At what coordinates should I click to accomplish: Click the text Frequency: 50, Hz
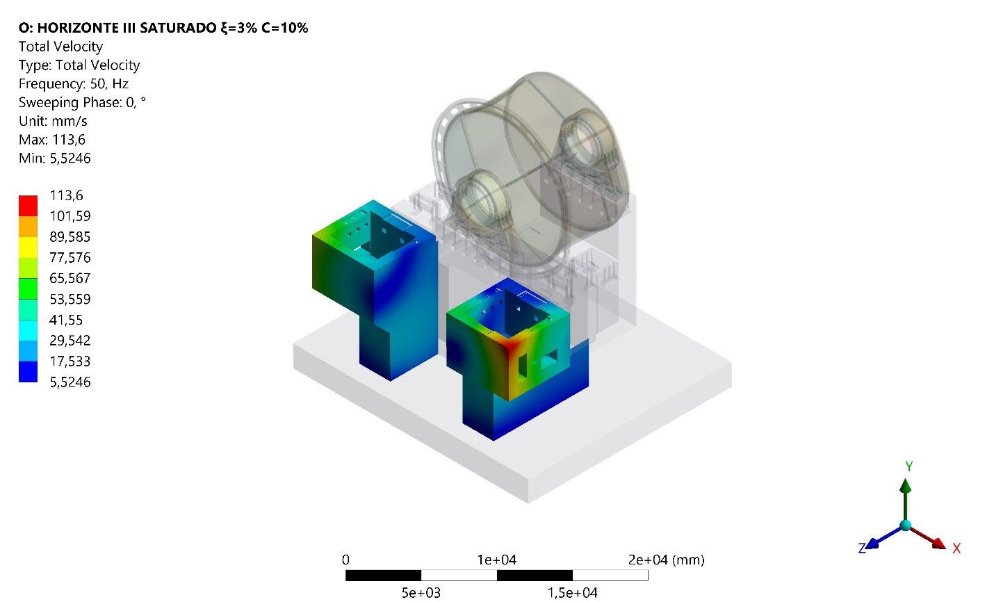click(74, 84)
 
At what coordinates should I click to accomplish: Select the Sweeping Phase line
click(82, 102)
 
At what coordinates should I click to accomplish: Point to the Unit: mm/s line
click(53, 121)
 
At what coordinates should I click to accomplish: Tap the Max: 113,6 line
click(52, 140)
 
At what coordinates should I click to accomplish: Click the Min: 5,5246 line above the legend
click(55, 158)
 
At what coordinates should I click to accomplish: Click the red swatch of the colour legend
click(28, 206)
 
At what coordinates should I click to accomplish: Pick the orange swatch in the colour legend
click(28, 226)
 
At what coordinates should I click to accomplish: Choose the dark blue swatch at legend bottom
click(28, 371)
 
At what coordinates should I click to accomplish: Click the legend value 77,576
click(70, 257)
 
